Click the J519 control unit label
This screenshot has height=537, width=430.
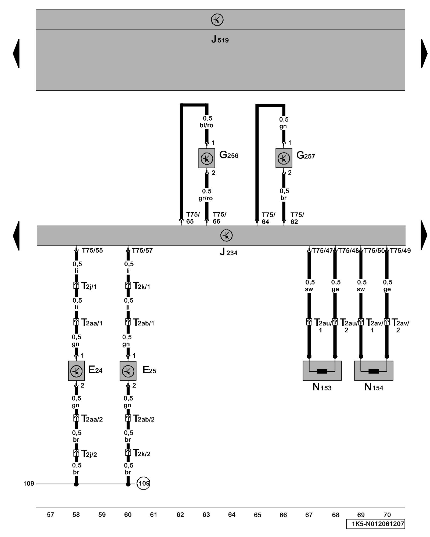pyautogui.click(x=220, y=40)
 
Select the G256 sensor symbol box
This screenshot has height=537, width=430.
pyautogui.click(x=206, y=158)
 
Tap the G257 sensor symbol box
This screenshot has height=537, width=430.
pyautogui.click(x=284, y=158)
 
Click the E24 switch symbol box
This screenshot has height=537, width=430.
pyautogui.click(x=76, y=371)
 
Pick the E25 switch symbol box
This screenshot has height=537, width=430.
pyautogui.click(x=128, y=371)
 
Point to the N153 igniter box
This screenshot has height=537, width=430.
pyautogui.click(x=322, y=371)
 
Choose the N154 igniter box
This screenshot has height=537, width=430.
pyautogui.click(x=374, y=371)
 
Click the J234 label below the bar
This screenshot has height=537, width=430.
pyautogui.click(x=228, y=252)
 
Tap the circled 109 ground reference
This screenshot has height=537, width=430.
pyautogui.click(x=143, y=483)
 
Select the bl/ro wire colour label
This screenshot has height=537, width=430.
pyautogui.click(x=206, y=125)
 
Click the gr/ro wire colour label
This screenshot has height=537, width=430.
pyautogui.click(x=206, y=198)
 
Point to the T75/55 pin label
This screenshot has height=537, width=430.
pyautogui.click(x=92, y=251)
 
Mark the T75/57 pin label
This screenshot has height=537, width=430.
pyautogui.click(x=142, y=251)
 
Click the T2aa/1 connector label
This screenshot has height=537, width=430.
pyautogui.click(x=92, y=323)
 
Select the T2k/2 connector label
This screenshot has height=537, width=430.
pyautogui.click(x=142, y=453)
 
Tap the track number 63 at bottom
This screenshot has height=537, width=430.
pyautogui.click(x=206, y=515)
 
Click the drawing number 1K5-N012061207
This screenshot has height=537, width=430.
pyautogui.click(x=375, y=524)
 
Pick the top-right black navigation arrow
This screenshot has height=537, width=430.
pyautogui.click(x=424, y=53)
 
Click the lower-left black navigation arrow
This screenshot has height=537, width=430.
pyautogui.click(x=16, y=236)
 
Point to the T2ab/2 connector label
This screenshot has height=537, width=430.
pyautogui.click(x=144, y=419)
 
